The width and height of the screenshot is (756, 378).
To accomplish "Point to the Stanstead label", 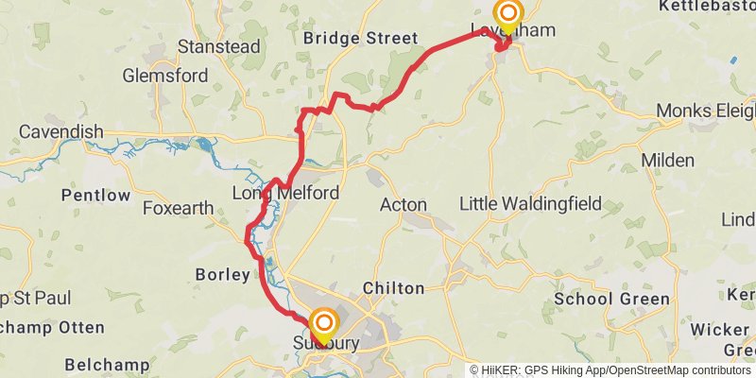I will (x=205, y=45).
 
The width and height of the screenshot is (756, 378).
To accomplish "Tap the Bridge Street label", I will (x=360, y=39).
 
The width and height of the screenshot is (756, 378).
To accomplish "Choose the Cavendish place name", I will (x=60, y=131).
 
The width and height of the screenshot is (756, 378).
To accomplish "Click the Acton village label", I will (x=403, y=204).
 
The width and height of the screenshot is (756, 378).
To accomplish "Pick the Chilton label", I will (x=393, y=287).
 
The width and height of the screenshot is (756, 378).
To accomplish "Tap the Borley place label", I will (x=221, y=275).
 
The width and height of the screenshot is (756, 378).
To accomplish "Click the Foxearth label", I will (x=177, y=208).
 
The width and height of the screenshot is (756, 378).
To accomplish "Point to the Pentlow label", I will (x=95, y=195).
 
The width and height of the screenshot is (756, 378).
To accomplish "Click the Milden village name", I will (x=667, y=161).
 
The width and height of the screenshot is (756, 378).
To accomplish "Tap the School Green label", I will (x=611, y=299).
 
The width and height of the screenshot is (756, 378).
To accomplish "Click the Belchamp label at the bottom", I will (x=107, y=364).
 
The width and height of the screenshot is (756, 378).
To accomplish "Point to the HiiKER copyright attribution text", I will (x=610, y=370).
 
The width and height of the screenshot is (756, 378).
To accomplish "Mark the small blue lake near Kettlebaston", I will (x=733, y=60).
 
